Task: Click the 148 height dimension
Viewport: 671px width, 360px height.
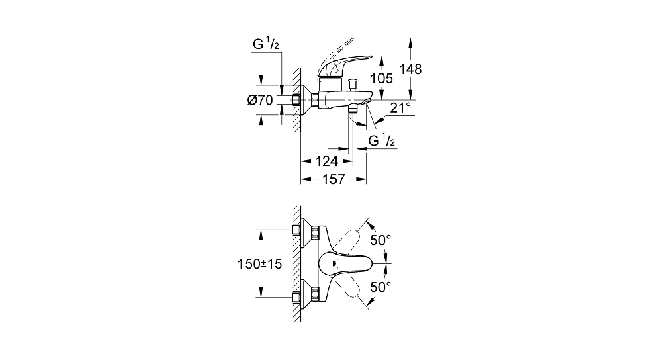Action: click(x=411, y=69)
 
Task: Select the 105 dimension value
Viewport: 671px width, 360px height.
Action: click(x=382, y=79)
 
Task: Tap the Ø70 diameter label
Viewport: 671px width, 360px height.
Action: click(x=260, y=100)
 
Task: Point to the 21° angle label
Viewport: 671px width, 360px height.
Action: click(x=400, y=107)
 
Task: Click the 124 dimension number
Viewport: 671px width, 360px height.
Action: click(x=326, y=161)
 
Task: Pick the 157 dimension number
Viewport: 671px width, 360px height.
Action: click(x=333, y=179)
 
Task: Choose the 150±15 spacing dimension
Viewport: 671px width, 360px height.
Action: click(x=260, y=264)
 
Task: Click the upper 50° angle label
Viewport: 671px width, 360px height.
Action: click(x=380, y=240)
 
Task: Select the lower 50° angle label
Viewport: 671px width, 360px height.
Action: click(x=380, y=287)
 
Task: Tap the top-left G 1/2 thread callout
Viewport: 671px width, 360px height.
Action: click(x=266, y=43)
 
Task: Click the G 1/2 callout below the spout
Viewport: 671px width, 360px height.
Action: click(x=382, y=140)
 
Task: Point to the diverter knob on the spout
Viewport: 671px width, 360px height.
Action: click(x=353, y=83)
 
